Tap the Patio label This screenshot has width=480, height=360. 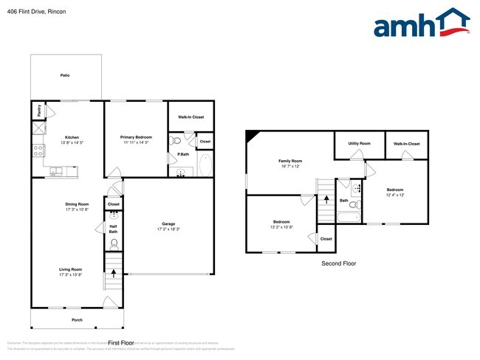pyautogui.click(x=64, y=75)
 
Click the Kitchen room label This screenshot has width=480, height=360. pyautogui.click(x=72, y=137)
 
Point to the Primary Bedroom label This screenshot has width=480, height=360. pyautogui.click(x=136, y=137)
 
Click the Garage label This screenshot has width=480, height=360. pyautogui.click(x=168, y=224)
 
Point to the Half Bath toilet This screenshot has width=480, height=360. pyautogui.click(x=114, y=242)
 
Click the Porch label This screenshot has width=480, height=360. pyautogui.click(x=77, y=319)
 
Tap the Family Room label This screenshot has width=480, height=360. pyautogui.click(x=290, y=161)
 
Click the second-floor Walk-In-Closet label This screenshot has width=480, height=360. pyautogui.click(x=406, y=144)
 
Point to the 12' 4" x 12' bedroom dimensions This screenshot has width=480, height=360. pyautogui.click(x=395, y=195)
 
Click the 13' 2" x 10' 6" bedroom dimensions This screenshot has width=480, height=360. pyautogui.click(x=281, y=226)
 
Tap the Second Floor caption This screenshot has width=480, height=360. pyautogui.click(x=338, y=263)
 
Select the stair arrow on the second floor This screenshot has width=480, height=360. pyautogui.click(x=326, y=198)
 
